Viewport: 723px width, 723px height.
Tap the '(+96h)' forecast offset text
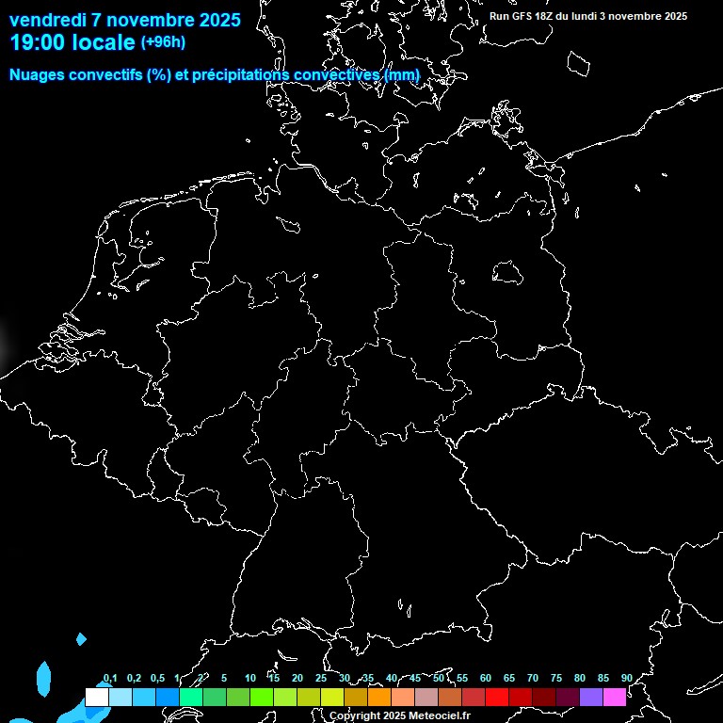[163, 42]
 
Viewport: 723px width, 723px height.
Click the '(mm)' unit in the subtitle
[402, 74]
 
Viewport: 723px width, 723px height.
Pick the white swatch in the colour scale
[97, 698]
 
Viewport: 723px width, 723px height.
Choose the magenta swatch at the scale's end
[615, 698]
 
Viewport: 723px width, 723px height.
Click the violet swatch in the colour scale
[591, 698]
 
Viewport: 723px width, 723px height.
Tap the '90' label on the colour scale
[626, 679]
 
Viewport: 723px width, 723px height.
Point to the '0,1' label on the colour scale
[109, 679]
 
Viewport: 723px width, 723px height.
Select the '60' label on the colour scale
[485, 679]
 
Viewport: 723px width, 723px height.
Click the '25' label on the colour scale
[321, 679]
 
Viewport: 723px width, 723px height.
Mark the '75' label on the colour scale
[555, 679]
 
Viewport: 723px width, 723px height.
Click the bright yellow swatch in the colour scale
[332, 698]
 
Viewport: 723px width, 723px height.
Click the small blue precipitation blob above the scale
[81, 639]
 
